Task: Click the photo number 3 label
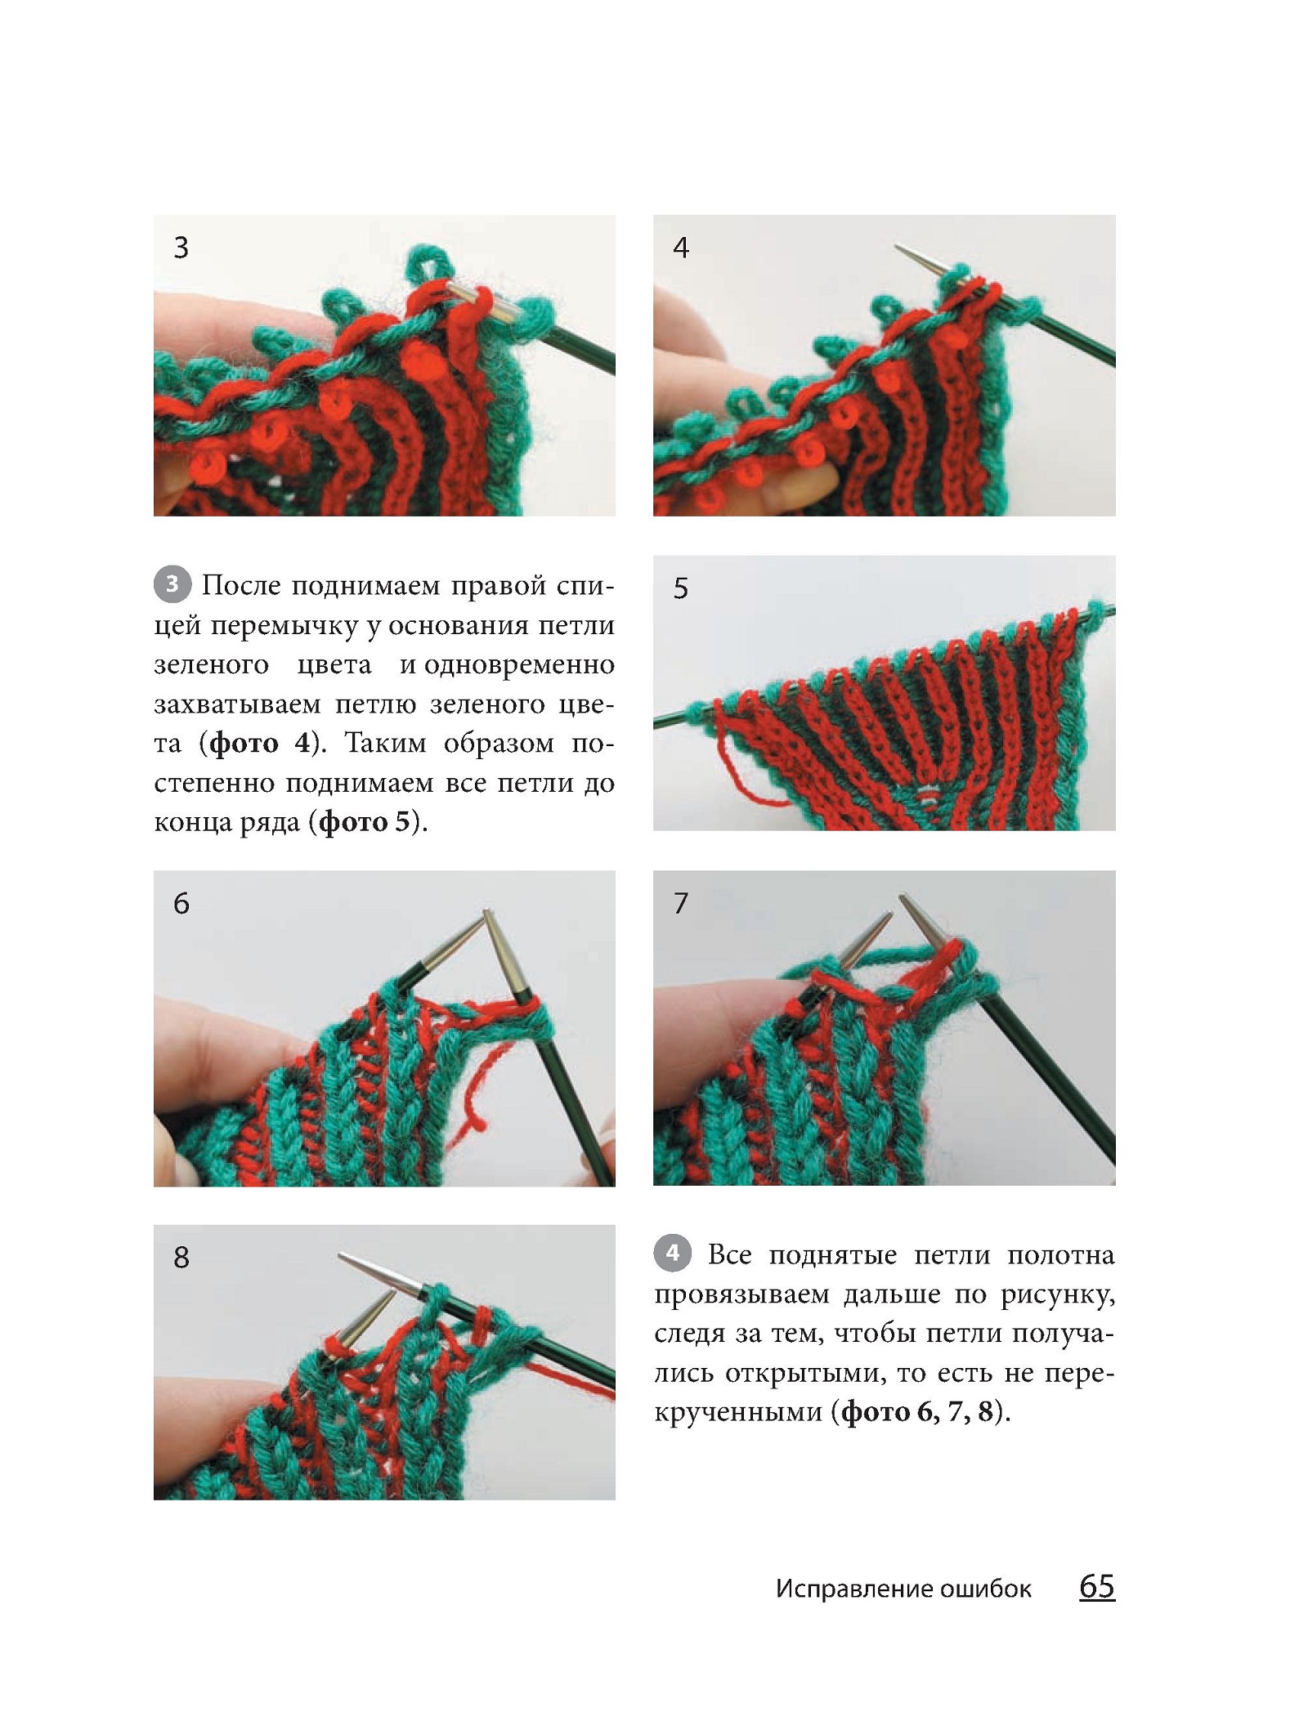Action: click(x=181, y=247)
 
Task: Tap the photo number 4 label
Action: click(x=681, y=247)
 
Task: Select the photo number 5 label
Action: click(x=681, y=588)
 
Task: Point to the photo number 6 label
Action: click(x=181, y=903)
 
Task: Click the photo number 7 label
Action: click(x=681, y=903)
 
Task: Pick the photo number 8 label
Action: click(x=181, y=1257)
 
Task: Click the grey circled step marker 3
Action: click(x=172, y=584)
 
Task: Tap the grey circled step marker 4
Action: click(x=672, y=1253)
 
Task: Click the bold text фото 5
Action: click(x=365, y=821)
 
